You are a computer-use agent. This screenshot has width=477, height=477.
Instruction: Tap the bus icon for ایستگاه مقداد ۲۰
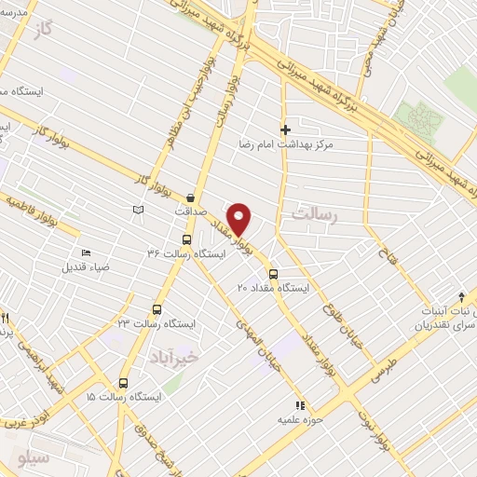(273, 274)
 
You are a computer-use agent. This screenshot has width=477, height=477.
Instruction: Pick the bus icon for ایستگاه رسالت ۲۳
(156, 309)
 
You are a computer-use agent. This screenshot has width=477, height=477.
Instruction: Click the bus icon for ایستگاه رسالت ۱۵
(123, 382)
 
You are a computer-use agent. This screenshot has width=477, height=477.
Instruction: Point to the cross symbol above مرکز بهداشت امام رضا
(285, 129)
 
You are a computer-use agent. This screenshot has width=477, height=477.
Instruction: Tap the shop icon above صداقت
(191, 197)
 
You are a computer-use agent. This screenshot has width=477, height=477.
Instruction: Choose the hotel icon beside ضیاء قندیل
(86, 253)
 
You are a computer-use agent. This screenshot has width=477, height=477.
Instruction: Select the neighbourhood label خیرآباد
(174, 356)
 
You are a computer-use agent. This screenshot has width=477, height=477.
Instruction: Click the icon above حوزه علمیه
(299, 405)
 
